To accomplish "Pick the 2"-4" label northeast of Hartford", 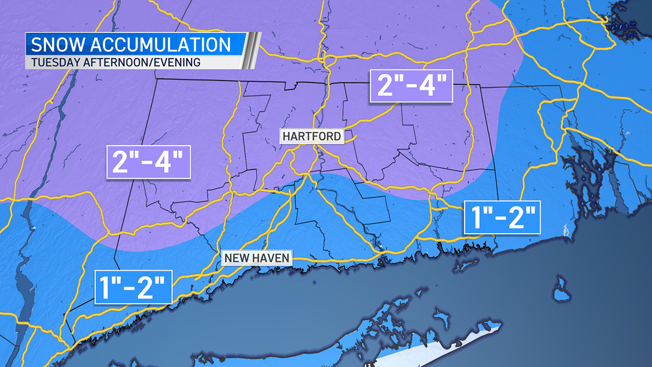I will pyautogui.click(x=411, y=85).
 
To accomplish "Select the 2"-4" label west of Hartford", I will pyautogui.click(x=148, y=161).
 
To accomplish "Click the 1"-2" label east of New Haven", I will pyautogui.click(x=503, y=217).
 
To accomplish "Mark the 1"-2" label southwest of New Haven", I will pyautogui.click(x=134, y=287).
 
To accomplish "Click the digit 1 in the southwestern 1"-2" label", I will pyautogui.click(x=105, y=287).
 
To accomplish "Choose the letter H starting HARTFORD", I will pyautogui.click(x=286, y=136).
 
